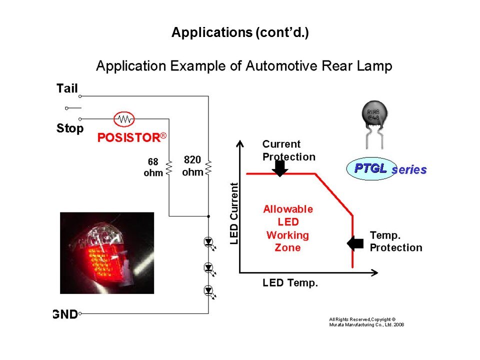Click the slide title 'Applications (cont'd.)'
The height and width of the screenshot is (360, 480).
[240, 33]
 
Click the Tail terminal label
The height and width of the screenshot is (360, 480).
[67, 89]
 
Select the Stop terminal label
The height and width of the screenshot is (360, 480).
[70, 128]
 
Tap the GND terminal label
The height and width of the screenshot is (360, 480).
[65, 314]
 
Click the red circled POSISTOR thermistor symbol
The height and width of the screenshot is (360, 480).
[124, 119]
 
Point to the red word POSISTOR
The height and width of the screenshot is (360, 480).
[128, 138]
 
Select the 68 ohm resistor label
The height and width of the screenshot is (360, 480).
[153, 167]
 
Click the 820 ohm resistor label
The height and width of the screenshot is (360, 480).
[192, 166]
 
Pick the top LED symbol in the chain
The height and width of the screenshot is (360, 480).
[209, 243]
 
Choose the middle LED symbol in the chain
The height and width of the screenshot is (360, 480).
[209, 268]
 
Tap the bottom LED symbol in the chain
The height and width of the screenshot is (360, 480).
[209, 290]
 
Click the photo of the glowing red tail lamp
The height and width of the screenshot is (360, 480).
[107, 253]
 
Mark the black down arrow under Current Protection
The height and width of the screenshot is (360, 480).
[280, 168]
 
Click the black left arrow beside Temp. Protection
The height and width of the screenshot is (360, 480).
[355, 243]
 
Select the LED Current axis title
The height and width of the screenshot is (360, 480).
[234, 213]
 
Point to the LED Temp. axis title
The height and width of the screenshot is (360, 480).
[290, 283]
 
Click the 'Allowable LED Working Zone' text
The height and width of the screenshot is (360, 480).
[288, 228]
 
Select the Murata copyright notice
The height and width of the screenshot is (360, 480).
[366, 322]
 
